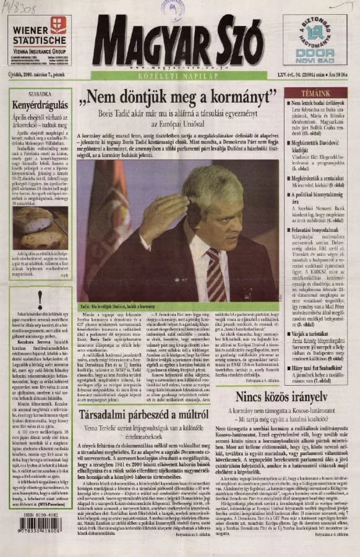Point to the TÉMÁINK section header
[314, 92]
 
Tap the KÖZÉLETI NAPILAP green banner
[179, 75]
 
